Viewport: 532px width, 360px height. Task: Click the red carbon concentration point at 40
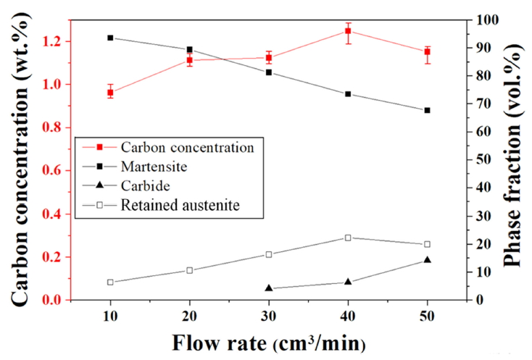click(x=348, y=31)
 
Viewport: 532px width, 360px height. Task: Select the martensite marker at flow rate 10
click(x=110, y=38)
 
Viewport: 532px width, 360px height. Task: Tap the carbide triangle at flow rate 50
click(x=427, y=260)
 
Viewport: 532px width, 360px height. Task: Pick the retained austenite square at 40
click(x=348, y=238)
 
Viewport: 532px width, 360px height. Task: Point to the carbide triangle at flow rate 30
click(x=269, y=288)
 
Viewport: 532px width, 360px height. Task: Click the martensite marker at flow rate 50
click(x=427, y=110)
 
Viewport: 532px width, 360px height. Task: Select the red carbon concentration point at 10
click(x=110, y=93)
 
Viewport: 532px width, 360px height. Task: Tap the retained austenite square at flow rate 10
click(x=110, y=282)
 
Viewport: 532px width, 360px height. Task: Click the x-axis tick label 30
click(x=269, y=315)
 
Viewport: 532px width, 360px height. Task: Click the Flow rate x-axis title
click(x=268, y=340)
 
